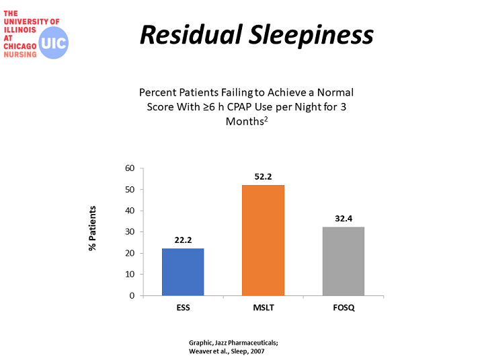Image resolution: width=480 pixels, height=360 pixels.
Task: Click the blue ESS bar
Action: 183,272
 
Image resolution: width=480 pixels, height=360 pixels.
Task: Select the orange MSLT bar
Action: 263,240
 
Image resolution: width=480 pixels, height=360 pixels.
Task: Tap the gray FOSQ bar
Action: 344,261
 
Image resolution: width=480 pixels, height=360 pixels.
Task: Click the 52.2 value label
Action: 263,177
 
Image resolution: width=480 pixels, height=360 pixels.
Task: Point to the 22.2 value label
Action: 183,240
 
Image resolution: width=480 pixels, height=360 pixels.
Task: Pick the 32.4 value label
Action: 344,219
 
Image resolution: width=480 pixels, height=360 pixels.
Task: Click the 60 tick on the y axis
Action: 130,168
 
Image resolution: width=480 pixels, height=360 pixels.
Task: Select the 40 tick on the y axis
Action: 130,211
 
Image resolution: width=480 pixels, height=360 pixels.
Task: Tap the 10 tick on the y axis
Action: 130,275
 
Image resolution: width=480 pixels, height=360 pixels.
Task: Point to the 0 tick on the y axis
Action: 132,295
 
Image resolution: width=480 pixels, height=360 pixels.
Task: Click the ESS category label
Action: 183,308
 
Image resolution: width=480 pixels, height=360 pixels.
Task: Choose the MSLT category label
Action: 264,308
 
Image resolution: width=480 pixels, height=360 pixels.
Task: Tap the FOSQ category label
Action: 344,308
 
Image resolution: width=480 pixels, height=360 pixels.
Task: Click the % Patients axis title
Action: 93,228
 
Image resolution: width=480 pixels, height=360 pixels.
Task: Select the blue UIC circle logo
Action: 54,43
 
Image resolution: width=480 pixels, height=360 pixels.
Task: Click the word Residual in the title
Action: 192,34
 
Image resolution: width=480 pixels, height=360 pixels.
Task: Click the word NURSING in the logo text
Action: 20,55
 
